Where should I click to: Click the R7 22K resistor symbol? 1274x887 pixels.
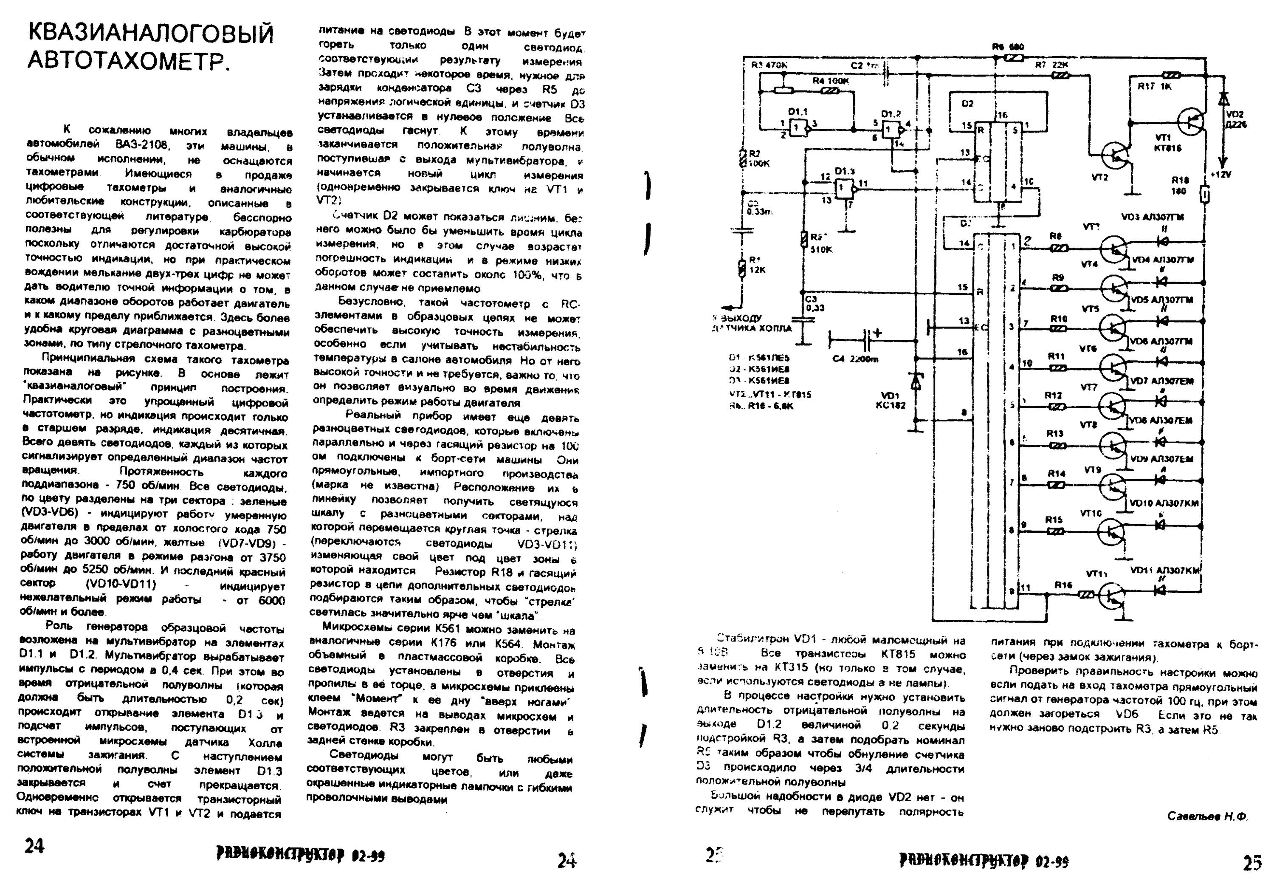coord(1060,76)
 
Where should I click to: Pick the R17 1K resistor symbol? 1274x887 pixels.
coord(1171,74)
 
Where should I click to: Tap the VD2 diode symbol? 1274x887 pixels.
coord(1222,98)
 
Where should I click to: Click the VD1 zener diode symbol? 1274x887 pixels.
coord(916,381)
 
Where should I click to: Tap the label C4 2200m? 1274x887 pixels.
coord(856,359)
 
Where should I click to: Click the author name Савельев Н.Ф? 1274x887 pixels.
coord(1207,816)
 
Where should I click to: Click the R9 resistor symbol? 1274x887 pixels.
coord(1058,288)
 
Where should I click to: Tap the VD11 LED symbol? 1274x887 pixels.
coord(1160,590)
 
